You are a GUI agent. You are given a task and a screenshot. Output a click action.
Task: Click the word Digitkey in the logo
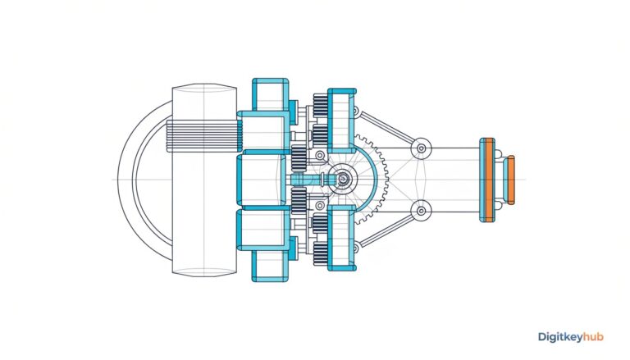point(560,337)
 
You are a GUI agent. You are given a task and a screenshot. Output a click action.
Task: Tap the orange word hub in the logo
point(593,336)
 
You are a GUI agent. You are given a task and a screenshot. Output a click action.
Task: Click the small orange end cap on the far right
point(511,180)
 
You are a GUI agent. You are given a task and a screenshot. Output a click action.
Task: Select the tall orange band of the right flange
point(488,180)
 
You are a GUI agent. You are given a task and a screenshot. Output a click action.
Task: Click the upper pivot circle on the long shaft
point(421,148)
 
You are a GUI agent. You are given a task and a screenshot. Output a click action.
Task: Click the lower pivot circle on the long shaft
point(421,211)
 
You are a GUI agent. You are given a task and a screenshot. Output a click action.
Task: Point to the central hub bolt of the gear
point(343,179)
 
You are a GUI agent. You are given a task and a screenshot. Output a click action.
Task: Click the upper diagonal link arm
point(386,128)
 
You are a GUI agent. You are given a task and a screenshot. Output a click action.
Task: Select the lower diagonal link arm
point(386,230)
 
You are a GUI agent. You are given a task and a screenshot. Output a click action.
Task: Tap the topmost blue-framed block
point(271,94)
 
